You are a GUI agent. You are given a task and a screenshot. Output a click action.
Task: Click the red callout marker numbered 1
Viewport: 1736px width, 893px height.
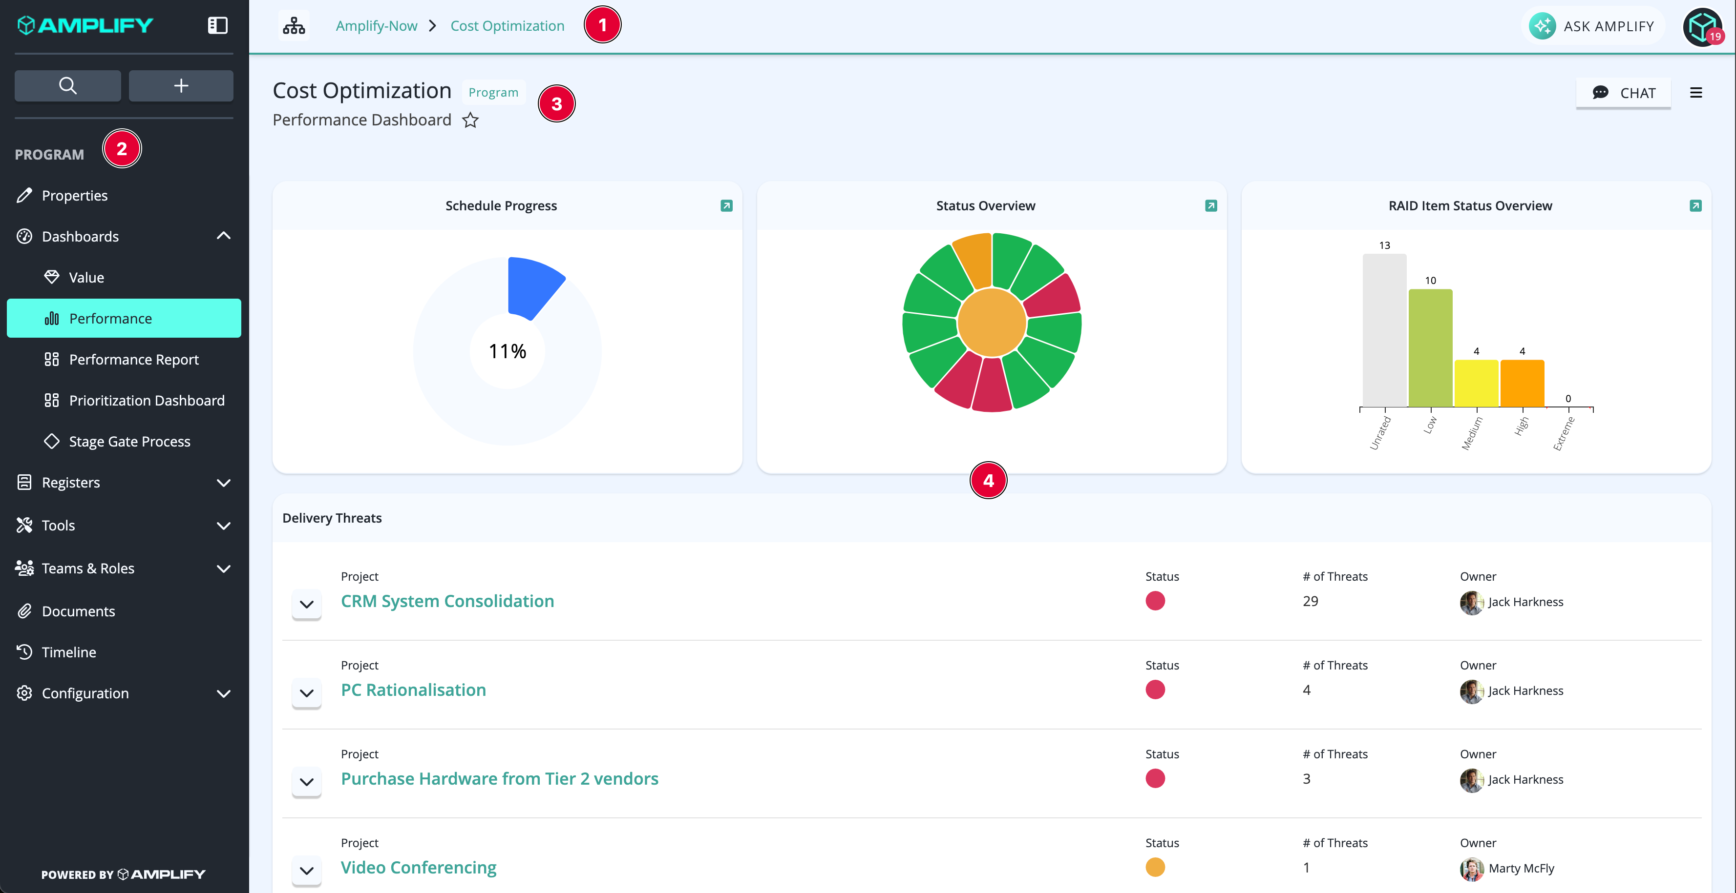click(x=602, y=25)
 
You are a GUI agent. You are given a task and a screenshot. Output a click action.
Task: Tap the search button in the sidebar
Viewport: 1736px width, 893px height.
click(x=67, y=85)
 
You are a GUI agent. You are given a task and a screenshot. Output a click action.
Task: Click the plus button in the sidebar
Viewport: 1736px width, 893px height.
click(x=181, y=85)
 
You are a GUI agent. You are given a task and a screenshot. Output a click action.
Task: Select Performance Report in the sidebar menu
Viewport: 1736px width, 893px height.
click(x=133, y=360)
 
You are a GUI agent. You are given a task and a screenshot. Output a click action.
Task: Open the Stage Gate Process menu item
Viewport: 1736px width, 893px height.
click(x=129, y=441)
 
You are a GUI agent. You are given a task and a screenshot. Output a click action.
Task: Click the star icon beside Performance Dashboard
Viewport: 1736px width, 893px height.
click(x=470, y=121)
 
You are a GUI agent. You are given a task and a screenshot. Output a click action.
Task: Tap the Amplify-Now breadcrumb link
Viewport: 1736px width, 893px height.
click(x=377, y=25)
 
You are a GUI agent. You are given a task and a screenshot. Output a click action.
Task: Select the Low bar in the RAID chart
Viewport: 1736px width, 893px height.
click(x=1430, y=347)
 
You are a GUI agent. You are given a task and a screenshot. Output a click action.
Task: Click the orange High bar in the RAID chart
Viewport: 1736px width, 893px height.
click(x=1522, y=383)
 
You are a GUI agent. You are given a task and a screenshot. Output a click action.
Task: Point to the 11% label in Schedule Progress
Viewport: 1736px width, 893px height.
click(x=508, y=351)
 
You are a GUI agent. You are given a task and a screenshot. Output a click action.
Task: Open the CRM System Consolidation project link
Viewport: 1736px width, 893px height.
click(x=447, y=601)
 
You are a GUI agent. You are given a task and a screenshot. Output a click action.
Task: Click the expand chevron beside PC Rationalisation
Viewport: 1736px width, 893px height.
click(x=307, y=693)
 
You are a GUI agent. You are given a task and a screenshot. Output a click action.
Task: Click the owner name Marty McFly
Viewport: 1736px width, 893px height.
click(x=1521, y=868)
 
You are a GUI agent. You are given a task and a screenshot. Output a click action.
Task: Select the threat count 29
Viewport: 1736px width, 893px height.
click(x=1310, y=601)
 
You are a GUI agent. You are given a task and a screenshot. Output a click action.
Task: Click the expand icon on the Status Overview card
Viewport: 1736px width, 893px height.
click(x=1211, y=205)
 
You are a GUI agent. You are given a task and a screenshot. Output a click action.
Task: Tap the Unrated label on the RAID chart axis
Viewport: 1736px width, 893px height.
click(x=1380, y=433)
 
